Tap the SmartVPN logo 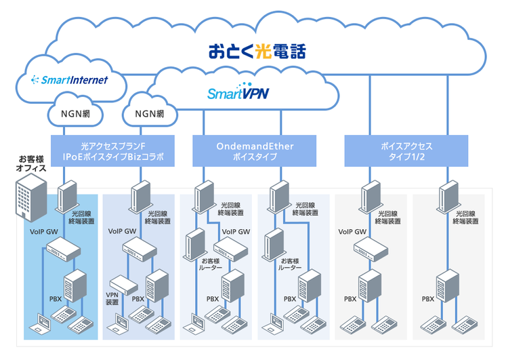coord(238,93)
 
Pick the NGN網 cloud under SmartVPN coord(149,113)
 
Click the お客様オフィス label coord(33,163)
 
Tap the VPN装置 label coord(112,298)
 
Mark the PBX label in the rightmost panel coord(428,298)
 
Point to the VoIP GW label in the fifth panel coord(352,231)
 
